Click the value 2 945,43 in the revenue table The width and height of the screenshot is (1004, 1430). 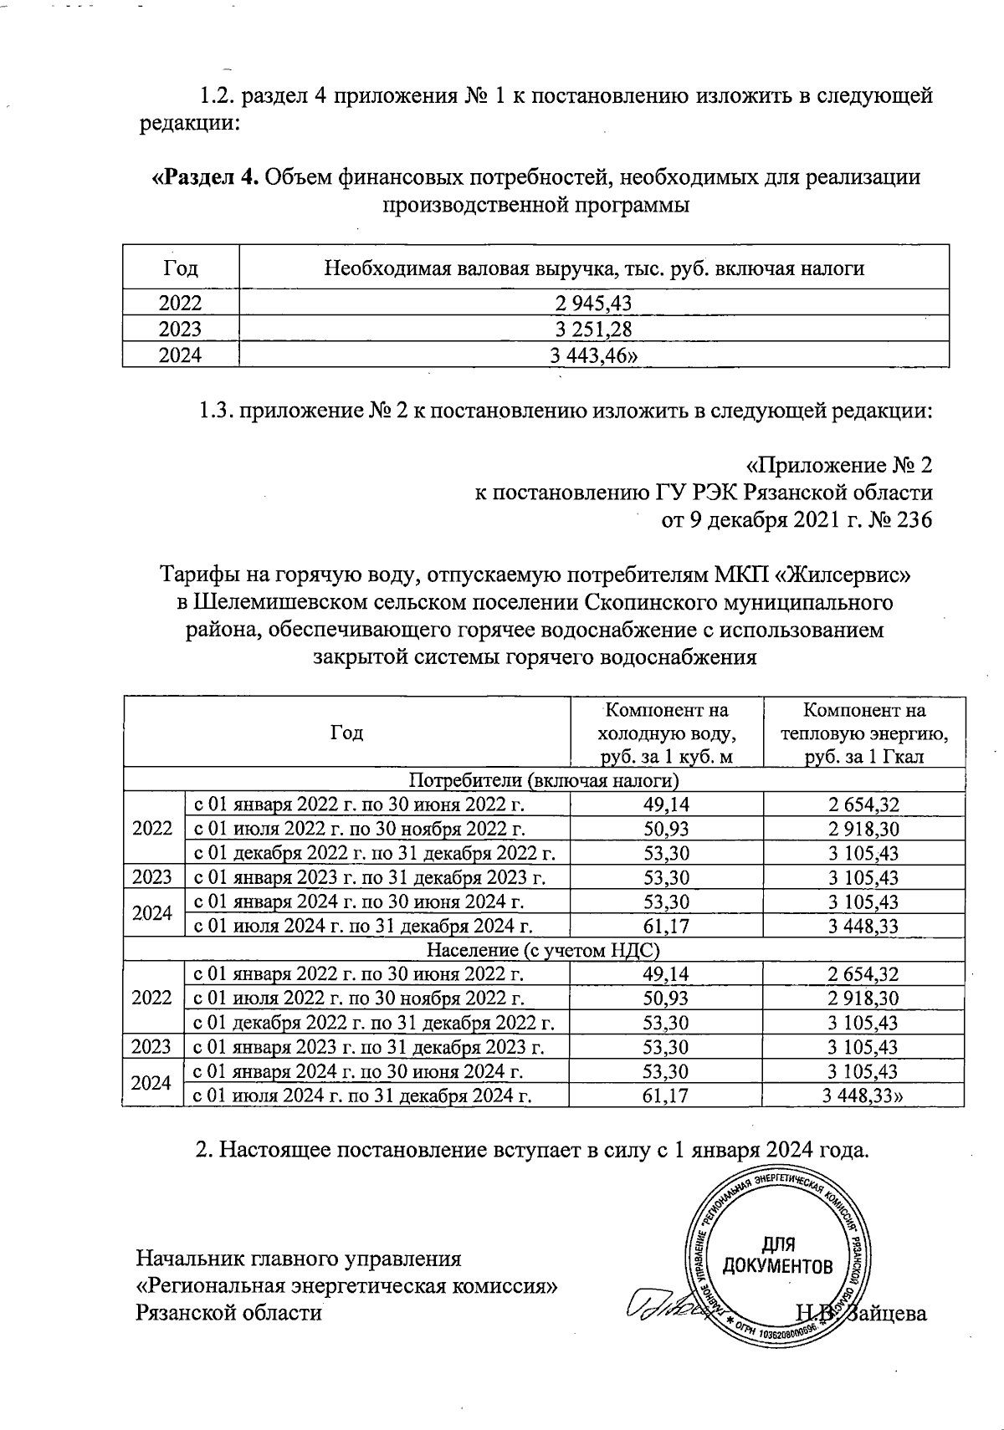pyautogui.click(x=593, y=302)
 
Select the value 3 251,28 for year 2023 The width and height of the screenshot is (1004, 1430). pyautogui.click(x=593, y=329)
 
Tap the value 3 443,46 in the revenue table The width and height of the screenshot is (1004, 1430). pyautogui.click(x=595, y=355)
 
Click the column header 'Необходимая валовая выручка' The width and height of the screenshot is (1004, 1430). pyautogui.click(x=593, y=268)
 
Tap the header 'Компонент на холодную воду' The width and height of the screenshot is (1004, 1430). pyautogui.click(x=666, y=733)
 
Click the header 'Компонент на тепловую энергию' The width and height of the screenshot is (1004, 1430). pyautogui.click(x=863, y=733)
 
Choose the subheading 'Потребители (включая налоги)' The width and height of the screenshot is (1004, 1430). pyautogui.click(x=543, y=779)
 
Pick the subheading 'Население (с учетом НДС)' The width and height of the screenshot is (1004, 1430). pyautogui.click(x=543, y=950)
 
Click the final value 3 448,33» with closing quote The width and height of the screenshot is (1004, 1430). pyautogui.click(x=864, y=1095)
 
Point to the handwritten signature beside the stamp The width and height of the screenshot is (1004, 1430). pyautogui.click(x=669, y=1308)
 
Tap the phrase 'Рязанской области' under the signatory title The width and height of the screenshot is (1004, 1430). pyautogui.click(x=228, y=1312)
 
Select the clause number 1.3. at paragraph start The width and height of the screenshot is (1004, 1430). pyautogui.click(x=216, y=411)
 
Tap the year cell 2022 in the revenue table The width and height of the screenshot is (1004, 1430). pyautogui.click(x=180, y=302)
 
